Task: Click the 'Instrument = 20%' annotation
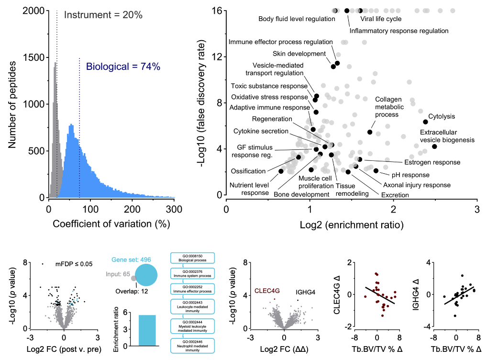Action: (103, 15)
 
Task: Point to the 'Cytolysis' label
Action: (442, 116)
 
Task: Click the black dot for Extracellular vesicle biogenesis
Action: (434, 146)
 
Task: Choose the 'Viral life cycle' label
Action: (381, 19)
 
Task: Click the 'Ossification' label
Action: (248, 171)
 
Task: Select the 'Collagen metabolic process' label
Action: (387, 107)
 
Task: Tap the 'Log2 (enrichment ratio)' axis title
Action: (352, 224)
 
